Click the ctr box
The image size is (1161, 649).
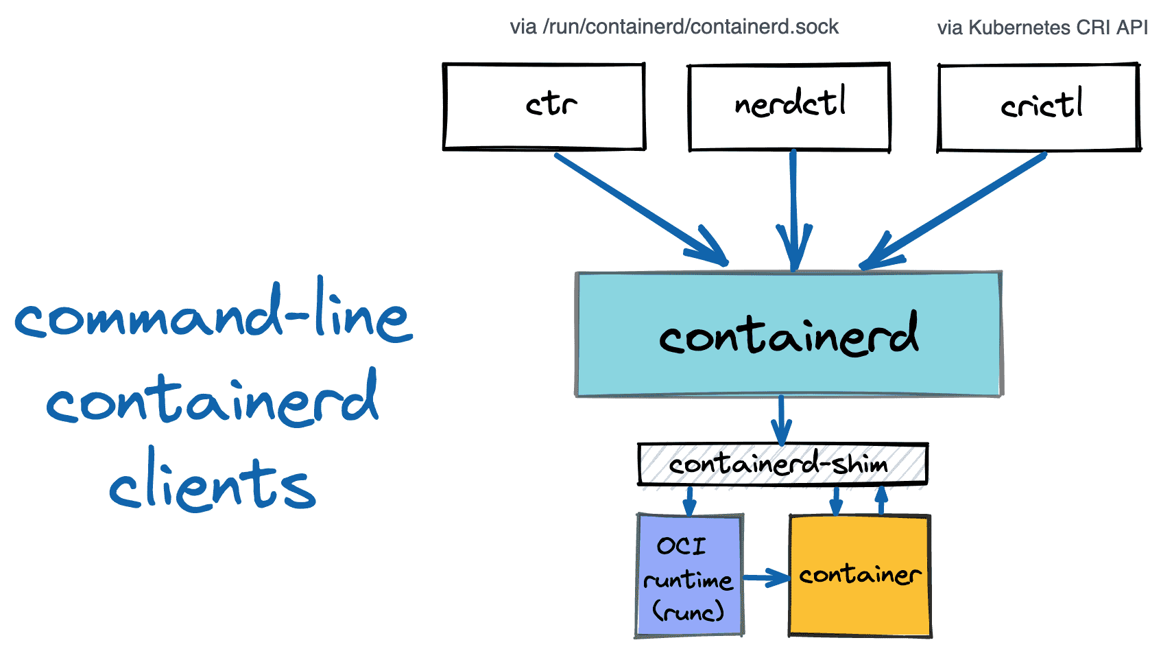click(x=544, y=106)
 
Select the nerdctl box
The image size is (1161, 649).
click(x=789, y=107)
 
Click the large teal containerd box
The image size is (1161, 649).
click(x=789, y=335)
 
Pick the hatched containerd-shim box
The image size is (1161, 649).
click(x=782, y=464)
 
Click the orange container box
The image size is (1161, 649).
click(x=860, y=575)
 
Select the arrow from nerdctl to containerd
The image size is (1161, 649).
click(x=793, y=206)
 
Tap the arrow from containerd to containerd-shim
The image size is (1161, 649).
click(x=781, y=420)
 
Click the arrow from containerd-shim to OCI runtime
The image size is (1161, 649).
click(x=689, y=501)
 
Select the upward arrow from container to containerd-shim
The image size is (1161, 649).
click(x=882, y=500)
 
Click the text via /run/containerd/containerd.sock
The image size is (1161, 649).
click(x=674, y=27)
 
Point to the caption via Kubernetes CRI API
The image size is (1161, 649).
click(x=1042, y=27)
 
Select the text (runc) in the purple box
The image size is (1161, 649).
click(x=688, y=611)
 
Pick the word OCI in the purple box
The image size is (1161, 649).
click(x=681, y=546)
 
